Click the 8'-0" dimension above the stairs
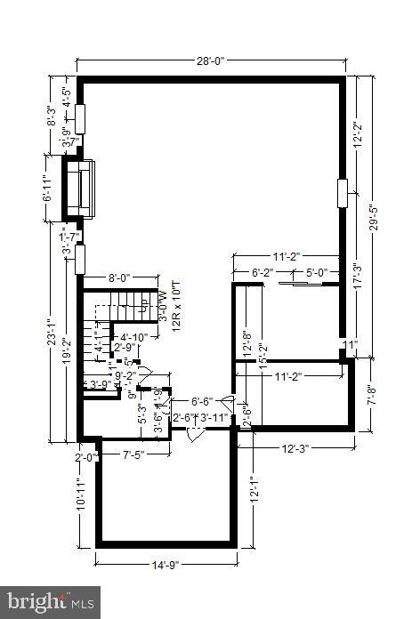tap(120, 277)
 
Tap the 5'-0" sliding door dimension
tap(318, 273)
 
